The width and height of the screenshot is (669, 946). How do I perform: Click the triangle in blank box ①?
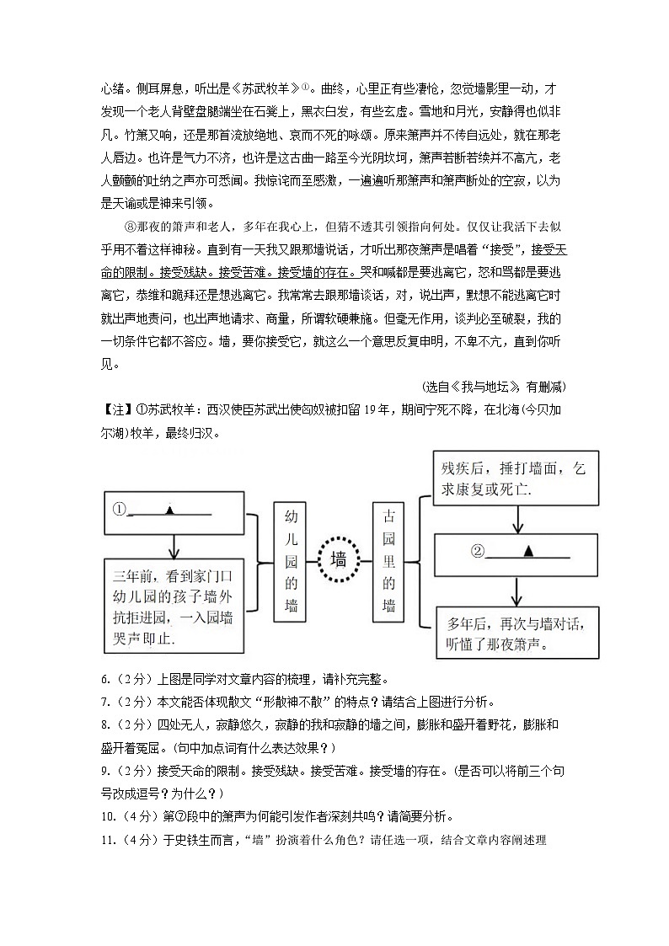(x=170, y=510)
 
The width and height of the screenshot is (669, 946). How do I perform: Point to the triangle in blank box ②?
(x=528, y=551)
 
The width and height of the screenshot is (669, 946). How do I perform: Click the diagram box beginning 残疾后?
(x=514, y=478)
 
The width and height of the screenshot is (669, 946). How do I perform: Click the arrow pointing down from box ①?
(x=171, y=548)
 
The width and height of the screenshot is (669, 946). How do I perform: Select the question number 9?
(x=105, y=770)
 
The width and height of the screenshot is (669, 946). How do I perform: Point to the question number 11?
(x=108, y=840)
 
